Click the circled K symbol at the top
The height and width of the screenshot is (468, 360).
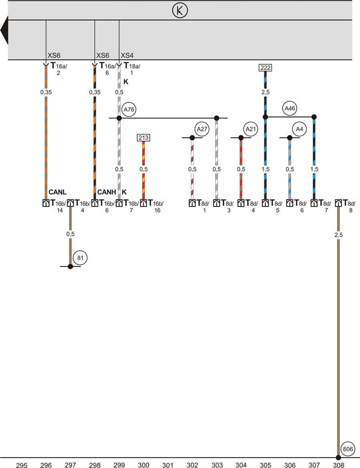[180, 11]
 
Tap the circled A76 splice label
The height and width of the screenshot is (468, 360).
[129, 109]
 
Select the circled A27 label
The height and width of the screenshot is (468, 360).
[202, 129]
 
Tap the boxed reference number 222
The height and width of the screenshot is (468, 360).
[265, 68]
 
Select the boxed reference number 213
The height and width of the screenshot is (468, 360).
[143, 138]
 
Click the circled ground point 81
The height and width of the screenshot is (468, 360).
[80, 258]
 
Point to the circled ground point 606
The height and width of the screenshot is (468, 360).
[348, 449]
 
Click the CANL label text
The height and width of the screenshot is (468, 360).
[58, 193]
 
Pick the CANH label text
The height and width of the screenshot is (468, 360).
[107, 193]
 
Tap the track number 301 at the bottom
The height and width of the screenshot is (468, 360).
[168, 465]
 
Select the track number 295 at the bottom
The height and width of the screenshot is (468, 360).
[22, 465]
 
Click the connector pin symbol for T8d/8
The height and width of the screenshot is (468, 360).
[338, 203]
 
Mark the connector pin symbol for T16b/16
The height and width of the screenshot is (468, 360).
[143, 203]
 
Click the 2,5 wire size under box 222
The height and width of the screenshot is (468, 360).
[265, 92]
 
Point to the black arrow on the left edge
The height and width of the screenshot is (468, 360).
[4, 30]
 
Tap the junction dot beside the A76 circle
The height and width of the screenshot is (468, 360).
[119, 118]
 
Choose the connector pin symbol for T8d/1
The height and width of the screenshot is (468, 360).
[192, 203]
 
